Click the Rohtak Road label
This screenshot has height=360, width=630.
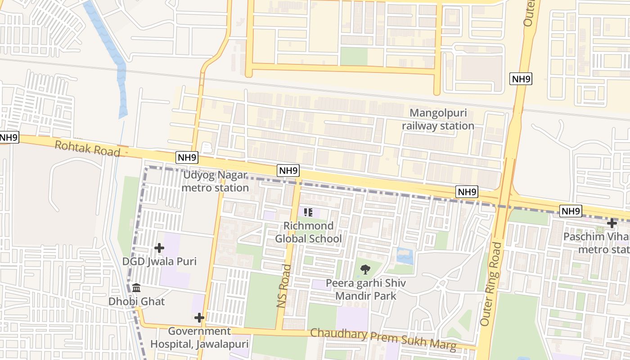87,148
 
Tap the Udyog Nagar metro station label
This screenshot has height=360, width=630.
215,181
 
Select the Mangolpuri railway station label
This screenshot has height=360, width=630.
438,120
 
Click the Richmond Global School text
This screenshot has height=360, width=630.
308,232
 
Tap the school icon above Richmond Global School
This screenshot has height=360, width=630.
308,212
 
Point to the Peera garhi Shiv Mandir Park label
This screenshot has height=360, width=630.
366,289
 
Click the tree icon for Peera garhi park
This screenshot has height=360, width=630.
365,270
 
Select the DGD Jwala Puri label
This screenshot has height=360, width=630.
159,261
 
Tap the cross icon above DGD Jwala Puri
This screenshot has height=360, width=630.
159,247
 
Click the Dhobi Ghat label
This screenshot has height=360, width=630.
136,301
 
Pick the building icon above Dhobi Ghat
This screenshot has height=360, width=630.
136,288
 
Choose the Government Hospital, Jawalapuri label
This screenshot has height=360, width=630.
199,337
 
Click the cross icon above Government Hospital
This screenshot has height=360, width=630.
199,318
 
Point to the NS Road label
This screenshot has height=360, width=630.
284,286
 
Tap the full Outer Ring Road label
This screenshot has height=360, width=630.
490,284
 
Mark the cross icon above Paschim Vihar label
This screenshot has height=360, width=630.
612,223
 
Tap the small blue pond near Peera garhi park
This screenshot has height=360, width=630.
405,256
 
